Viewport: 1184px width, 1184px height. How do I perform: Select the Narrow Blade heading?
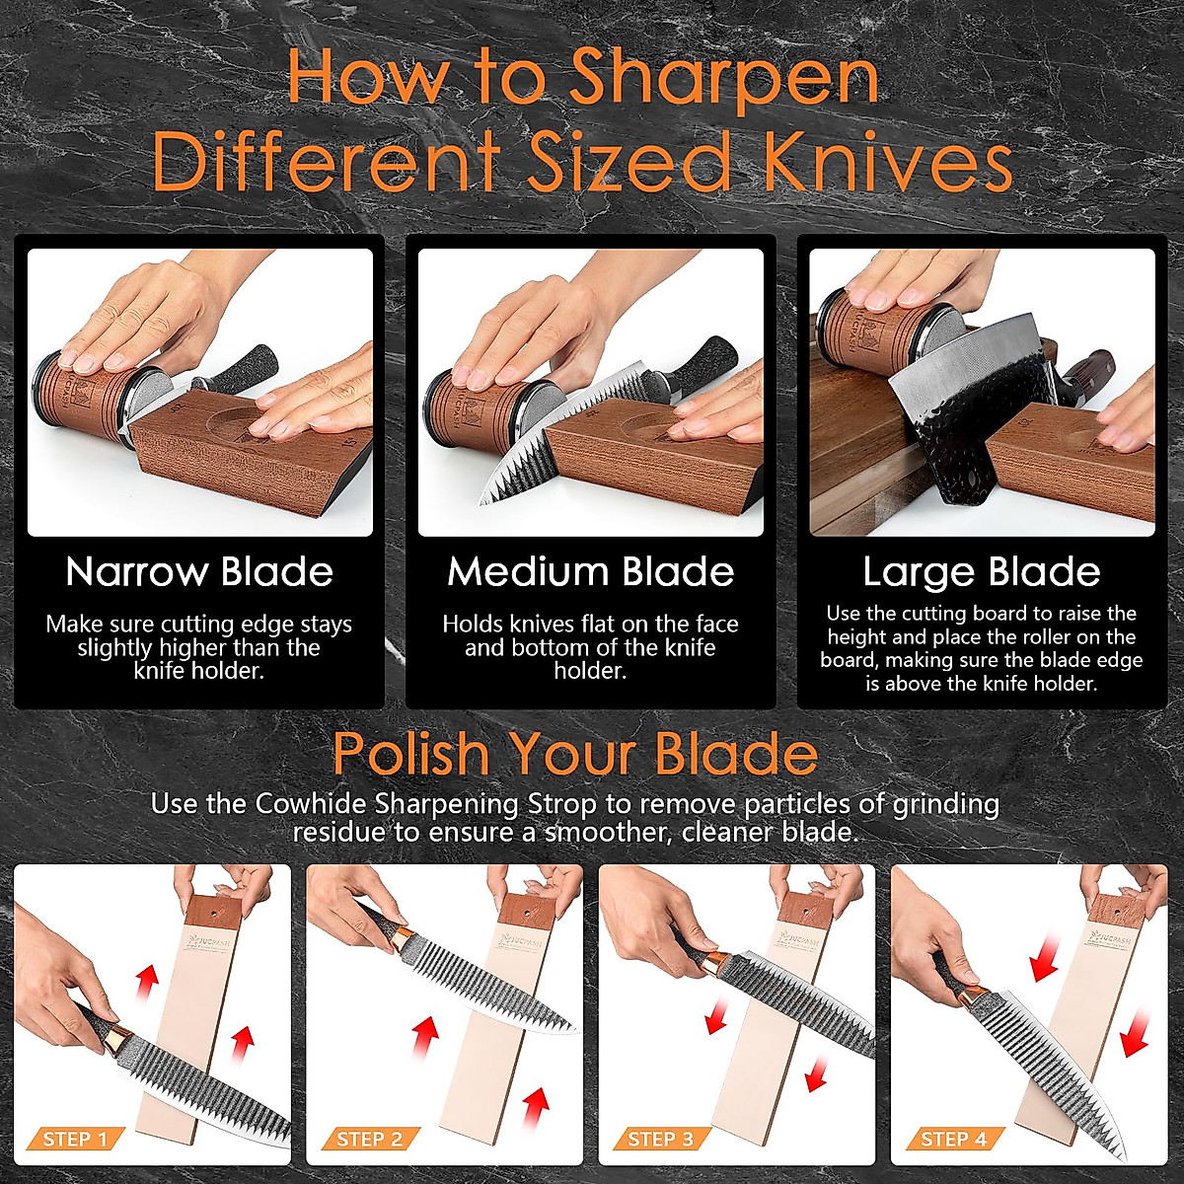tap(199, 572)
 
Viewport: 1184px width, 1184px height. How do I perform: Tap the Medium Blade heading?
tap(590, 572)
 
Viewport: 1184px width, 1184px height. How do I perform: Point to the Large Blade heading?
tap(981, 572)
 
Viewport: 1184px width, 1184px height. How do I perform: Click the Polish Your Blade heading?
tap(575, 754)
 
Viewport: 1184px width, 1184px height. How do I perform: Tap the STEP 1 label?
tap(75, 1140)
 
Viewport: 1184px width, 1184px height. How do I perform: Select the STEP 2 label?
tap(369, 1140)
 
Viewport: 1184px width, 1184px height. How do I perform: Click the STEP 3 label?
tap(661, 1140)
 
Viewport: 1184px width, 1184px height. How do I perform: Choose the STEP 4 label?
tap(953, 1140)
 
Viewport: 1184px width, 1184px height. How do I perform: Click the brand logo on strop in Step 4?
tap(1103, 929)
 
